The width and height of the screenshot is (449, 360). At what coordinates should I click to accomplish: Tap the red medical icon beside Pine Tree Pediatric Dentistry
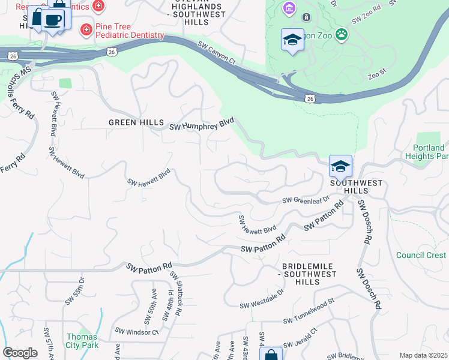[87, 29]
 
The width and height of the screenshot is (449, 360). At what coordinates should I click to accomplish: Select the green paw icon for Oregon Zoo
[342, 34]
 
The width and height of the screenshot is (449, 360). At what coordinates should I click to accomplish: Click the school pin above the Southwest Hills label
[340, 166]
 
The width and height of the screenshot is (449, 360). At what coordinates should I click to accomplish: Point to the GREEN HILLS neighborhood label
[136, 122]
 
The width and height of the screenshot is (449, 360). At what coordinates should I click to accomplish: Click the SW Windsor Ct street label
[137, 332]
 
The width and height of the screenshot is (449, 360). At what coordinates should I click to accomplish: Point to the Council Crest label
[421, 255]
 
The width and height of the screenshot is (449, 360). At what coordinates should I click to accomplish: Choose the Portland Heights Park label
[430, 152]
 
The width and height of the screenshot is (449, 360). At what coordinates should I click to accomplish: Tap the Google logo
[20, 353]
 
